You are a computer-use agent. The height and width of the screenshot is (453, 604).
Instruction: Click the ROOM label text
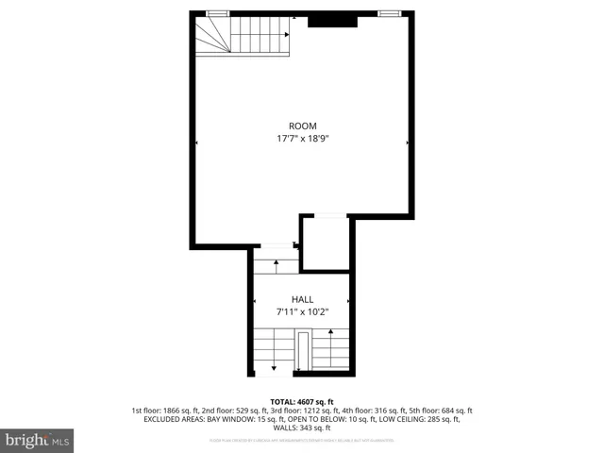coord(302,126)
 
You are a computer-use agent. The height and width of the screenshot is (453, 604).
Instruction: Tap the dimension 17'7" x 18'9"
coord(302,139)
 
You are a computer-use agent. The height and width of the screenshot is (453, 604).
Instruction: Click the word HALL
coord(302,299)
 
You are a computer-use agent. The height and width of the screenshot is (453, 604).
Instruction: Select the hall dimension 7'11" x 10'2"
coord(302,311)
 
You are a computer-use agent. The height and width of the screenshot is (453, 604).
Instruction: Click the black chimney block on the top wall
coord(332,19)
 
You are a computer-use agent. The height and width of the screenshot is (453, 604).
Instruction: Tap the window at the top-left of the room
coord(217,13)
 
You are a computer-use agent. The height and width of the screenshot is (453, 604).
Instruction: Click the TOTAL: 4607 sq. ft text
coord(302,400)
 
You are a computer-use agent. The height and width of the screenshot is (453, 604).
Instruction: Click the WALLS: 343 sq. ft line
coord(302,428)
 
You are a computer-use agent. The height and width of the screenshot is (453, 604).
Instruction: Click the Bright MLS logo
coord(38,440)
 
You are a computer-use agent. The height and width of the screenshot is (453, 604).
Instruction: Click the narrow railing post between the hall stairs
coord(302,351)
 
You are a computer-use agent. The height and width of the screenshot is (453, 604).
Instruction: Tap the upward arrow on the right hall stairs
coord(331,333)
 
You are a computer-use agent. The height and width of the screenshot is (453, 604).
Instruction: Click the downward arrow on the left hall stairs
coord(274,365)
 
